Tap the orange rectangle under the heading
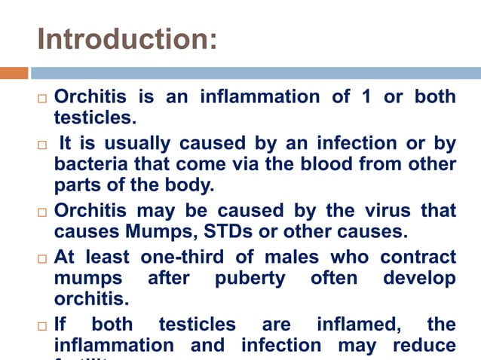pos(14,73)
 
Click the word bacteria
pos(87,163)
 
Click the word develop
pos(419,279)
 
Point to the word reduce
pos(423,346)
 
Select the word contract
pos(418,258)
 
